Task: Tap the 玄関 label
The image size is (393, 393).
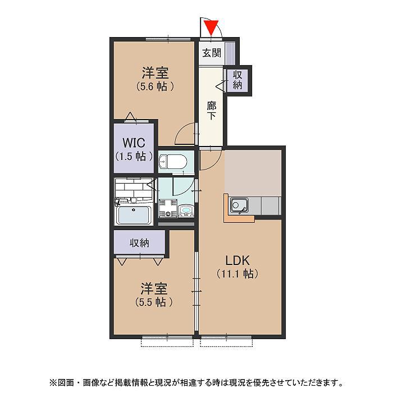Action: [212, 53]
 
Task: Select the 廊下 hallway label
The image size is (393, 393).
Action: [211, 111]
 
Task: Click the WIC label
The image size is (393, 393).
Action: [134, 143]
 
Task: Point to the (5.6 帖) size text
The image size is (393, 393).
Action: [155, 86]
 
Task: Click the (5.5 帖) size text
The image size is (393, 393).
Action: [154, 302]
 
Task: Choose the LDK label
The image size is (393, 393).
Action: [237, 261]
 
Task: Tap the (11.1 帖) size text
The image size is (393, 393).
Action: [237, 274]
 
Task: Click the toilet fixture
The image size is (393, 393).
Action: [173, 162]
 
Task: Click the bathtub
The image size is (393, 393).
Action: [134, 215]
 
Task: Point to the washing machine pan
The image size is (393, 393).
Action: [168, 208]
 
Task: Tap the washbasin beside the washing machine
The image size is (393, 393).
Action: [186, 211]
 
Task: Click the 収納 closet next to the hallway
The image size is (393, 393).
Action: [237, 80]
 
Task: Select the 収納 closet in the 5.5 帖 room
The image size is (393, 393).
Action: [139, 243]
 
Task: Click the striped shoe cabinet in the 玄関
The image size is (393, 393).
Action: [230, 53]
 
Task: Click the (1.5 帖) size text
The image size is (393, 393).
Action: [134, 157]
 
